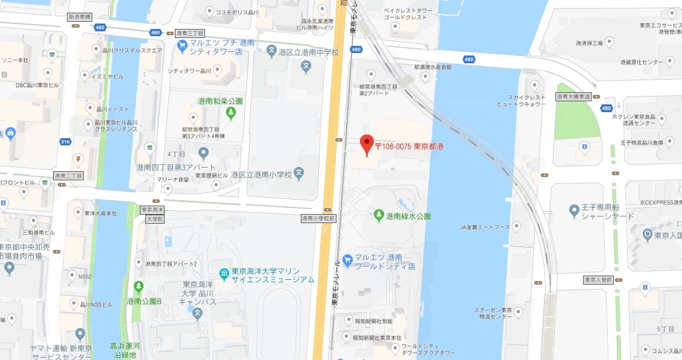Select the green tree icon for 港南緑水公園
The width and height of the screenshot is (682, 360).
(x=379, y=215)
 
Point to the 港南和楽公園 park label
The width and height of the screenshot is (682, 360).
(x=220, y=101)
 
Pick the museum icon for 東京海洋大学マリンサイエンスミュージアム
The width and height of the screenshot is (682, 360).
(x=224, y=275)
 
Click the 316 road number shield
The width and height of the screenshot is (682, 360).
(x=66, y=142)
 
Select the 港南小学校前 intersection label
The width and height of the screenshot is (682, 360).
(x=319, y=218)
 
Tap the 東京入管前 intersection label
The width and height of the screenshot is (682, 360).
(x=599, y=280)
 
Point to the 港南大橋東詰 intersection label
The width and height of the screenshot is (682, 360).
(x=573, y=96)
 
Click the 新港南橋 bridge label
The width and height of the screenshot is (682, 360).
(x=78, y=17)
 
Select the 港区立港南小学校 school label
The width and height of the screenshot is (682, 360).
(x=265, y=175)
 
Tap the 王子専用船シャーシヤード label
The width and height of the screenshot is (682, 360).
(x=608, y=212)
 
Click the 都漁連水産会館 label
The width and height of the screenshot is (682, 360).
(x=432, y=67)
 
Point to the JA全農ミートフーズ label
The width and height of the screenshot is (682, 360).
(x=484, y=227)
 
